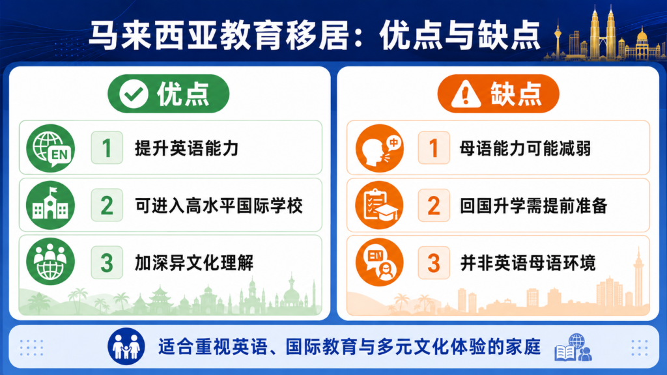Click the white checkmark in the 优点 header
pyautogui.click(x=134, y=94)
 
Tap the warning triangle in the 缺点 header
pyautogui.click(x=466, y=94)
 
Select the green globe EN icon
pyautogui.click(x=51, y=148)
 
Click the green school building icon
pyautogui.click(x=51, y=205)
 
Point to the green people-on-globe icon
pyautogui.click(x=51, y=262)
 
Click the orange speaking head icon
pyautogui.click(x=380, y=148)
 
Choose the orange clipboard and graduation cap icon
pyautogui.click(x=380, y=205)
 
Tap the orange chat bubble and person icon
pyautogui.click(x=380, y=262)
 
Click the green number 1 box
pyautogui.click(x=107, y=148)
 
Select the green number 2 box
pyautogui.click(x=107, y=205)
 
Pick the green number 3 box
pyautogui.click(x=107, y=262)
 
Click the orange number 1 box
pyautogui.click(x=434, y=148)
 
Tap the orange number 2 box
pyautogui.click(x=434, y=205)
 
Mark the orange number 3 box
pyautogui.click(x=434, y=262)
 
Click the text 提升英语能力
pyautogui.click(x=186, y=148)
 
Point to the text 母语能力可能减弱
pyautogui.click(x=526, y=148)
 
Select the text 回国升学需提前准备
pyautogui.click(x=533, y=206)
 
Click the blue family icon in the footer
pyautogui.click(x=126, y=346)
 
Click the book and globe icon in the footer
pyautogui.click(x=573, y=348)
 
